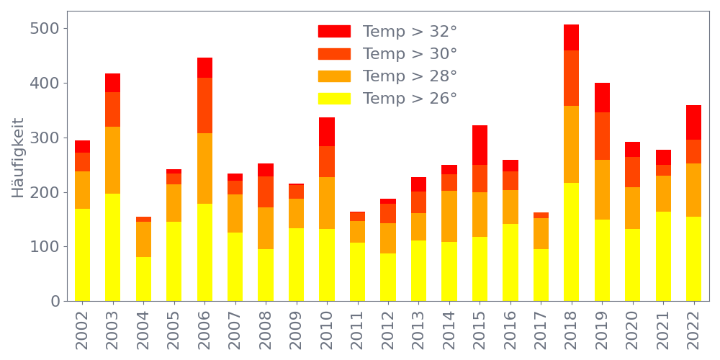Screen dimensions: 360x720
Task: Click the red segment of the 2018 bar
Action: tap(572, 37)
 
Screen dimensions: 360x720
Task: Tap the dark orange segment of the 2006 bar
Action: tap(204, 105)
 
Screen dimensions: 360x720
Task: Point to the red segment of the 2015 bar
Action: tap(480, 145)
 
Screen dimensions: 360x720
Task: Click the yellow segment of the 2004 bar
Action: tap(143, 279)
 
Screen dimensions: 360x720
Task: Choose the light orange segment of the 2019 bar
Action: tap(602, 189)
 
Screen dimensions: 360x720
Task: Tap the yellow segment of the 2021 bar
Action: tap(663, 256)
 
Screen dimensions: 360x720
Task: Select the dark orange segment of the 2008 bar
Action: tap(266, 192)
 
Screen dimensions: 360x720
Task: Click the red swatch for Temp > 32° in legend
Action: tap(334, 32)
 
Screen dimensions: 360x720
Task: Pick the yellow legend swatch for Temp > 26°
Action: tap(334, 98)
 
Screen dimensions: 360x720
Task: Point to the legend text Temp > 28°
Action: tap(410, 76)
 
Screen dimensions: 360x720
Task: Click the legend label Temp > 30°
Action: tap(410, 54)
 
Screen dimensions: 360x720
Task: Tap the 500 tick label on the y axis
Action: tap(44, 29)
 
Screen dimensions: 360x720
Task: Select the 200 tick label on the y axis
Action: tap(44, 192)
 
